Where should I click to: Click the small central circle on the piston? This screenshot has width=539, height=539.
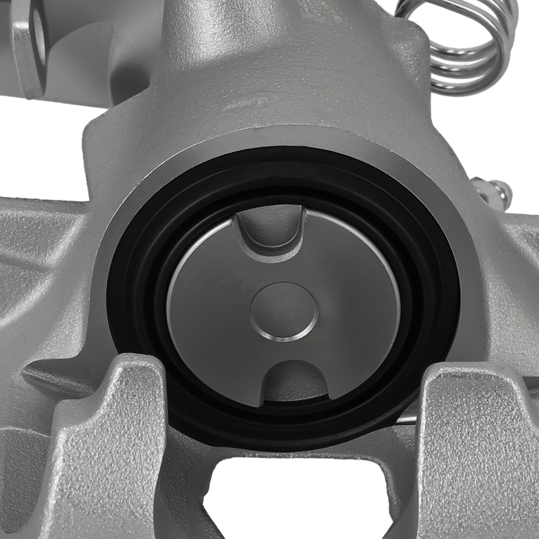tap(284, 311)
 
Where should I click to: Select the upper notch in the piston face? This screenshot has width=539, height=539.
tap(269, 229)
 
